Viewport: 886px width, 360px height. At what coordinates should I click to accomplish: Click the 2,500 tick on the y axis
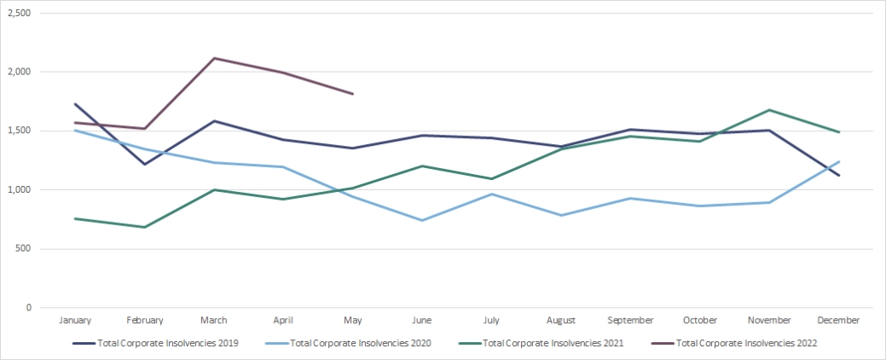[19, 14]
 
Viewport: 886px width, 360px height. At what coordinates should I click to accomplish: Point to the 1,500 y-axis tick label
[19, 131]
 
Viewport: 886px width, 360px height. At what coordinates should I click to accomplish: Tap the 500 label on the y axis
[24, 248]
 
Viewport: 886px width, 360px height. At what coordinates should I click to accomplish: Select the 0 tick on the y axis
[29, 307]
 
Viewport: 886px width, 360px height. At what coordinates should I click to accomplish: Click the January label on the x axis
[75, 321]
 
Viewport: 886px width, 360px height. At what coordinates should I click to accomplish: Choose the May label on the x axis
[352, 321]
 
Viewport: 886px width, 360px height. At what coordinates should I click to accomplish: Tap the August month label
[560, 321]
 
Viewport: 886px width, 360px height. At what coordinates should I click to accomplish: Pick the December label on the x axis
[837, 321]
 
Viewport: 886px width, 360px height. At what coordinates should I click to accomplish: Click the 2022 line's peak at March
[213, 58]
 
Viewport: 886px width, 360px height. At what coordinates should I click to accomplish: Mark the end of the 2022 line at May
[352, 94]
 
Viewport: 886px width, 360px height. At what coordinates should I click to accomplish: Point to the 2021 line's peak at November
[769, 110]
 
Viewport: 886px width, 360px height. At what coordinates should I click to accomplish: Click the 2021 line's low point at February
[144, 227]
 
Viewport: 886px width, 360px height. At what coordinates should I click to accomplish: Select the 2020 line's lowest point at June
[422, 220]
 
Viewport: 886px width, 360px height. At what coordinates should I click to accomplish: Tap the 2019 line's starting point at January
[75, 104]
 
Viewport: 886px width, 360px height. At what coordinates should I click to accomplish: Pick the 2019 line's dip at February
[144, 164]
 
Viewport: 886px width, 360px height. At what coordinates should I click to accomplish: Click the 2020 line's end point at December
[838, 161]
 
